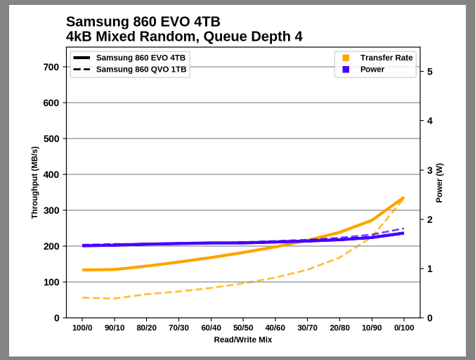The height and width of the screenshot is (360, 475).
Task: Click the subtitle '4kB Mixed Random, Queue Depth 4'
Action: [184, 37]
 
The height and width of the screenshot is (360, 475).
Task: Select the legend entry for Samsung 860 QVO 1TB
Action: [141, 70]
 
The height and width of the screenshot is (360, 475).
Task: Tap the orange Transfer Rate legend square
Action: [346, 58]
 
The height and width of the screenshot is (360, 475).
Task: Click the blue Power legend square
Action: [346, 70]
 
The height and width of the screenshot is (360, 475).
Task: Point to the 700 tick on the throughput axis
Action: [51, 67]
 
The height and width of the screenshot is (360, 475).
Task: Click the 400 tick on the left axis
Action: [51, 174]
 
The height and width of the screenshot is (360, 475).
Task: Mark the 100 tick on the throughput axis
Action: [51, 282]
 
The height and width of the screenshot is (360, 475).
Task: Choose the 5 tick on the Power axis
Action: [429, 72]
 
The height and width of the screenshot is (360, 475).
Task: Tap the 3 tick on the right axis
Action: [429, 170]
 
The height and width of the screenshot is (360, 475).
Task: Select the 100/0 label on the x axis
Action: [83, 328]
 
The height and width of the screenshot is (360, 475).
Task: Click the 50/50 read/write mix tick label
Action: [243, 328]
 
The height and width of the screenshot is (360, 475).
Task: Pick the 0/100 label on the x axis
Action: [403, 328]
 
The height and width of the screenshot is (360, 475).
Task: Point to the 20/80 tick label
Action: [339, 328]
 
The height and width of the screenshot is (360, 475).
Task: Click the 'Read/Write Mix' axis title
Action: [243, 340]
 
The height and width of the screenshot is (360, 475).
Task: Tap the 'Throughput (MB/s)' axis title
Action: [34, 183]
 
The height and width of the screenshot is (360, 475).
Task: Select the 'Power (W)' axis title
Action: [439, 183]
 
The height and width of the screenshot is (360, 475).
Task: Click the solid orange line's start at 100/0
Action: [83, 270]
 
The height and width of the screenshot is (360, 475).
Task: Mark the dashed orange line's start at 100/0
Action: [83, 297]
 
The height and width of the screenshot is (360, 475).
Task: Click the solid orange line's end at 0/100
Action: [403, 198]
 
